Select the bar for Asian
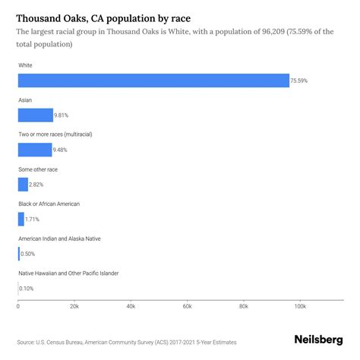pyautogui.click(x=35, y=115)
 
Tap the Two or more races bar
pyautogui.click(x=34, y=150)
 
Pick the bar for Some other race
pyautogui.click(x=23, y=184)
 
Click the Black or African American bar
pyautogui.click(x=21, y=219)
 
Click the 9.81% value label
pyautogui.click(x=64, y=115)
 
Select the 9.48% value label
pyautogui.click(x=63, y=150)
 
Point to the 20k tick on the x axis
pyautogui.click(x=74, y=307)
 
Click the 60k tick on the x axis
pyautogui.click(x=187, y=307)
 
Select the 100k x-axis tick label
pyautogui.click(x=300, y=307)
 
